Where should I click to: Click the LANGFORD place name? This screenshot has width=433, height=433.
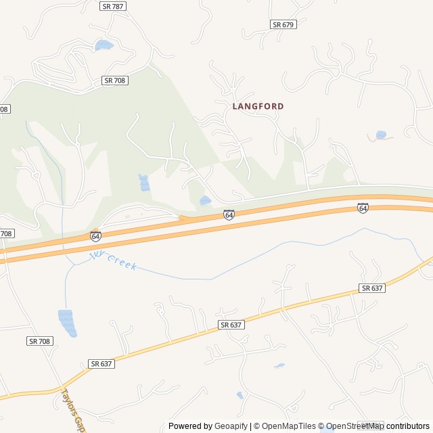[258, 106]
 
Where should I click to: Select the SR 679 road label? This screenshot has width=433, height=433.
[283, 24]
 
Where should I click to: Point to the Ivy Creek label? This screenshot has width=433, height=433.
[113, 260]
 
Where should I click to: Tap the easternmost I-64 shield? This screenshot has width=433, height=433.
[363, 208]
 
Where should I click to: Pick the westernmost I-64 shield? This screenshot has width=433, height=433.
[95, 236]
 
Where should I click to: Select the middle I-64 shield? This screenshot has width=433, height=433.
[229, 215]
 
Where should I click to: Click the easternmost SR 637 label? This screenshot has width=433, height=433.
[372, 288]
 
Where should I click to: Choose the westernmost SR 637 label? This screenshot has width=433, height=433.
[101, 363]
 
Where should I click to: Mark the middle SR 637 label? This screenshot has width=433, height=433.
[231, 325]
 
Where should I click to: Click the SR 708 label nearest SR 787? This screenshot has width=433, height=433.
[115, 81]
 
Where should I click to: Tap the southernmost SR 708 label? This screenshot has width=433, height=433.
[40, 341]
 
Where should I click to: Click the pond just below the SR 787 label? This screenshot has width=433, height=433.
[104, 45]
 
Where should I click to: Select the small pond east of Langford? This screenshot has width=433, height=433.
[381, 135]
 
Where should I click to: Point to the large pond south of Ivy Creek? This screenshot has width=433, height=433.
[66, 321]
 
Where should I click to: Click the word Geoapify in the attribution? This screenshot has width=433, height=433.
[231, 426]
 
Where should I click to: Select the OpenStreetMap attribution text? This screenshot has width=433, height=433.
[355, 426]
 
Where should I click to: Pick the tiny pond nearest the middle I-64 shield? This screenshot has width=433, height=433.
[205, 200]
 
